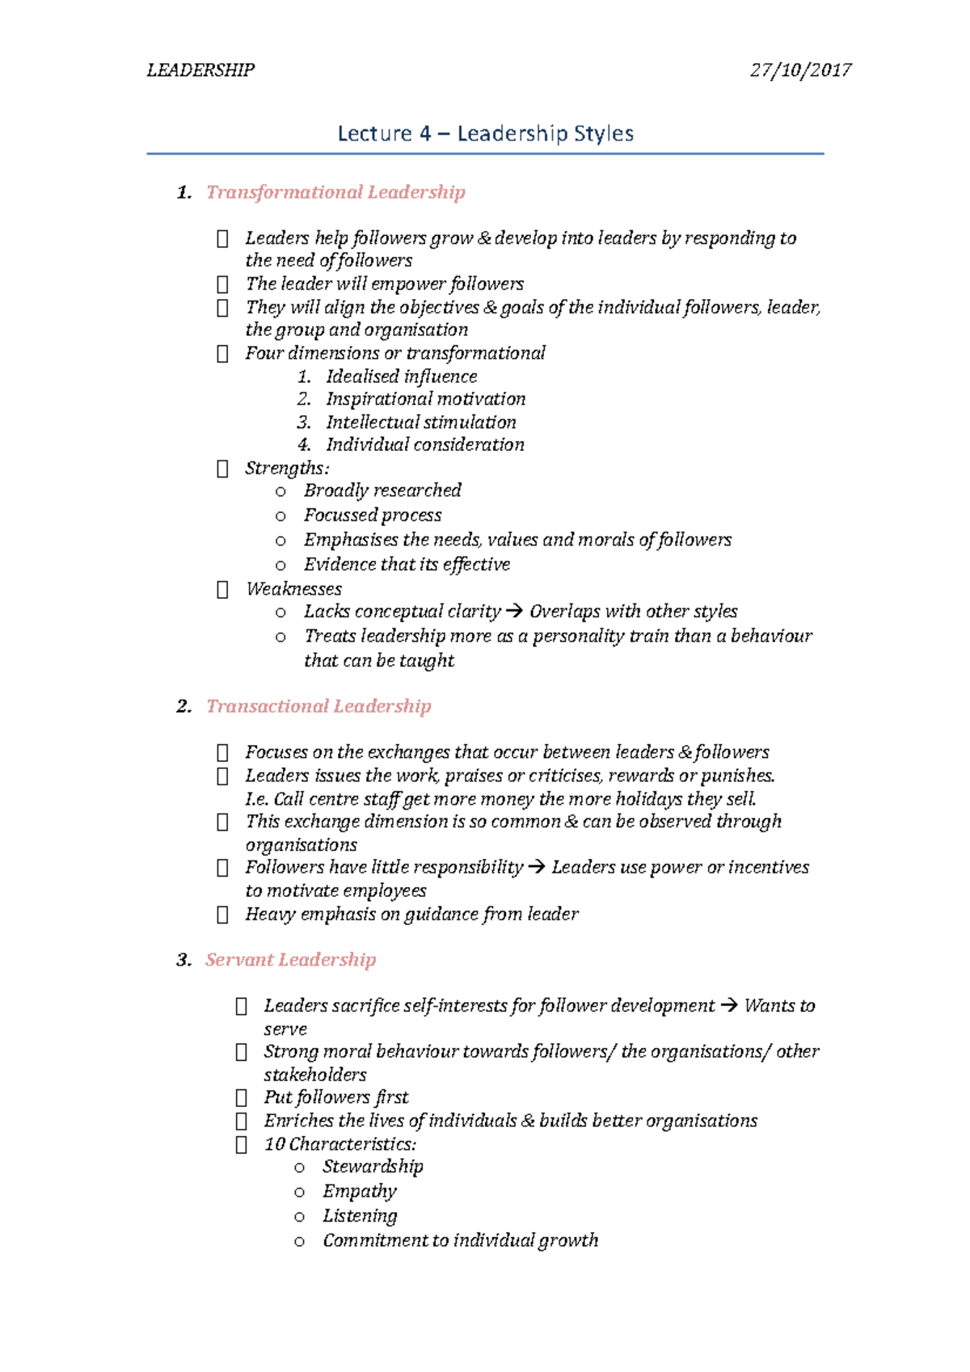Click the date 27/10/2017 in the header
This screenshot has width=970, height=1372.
tap(800, 70)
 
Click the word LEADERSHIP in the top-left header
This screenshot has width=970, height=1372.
tap(200, 70)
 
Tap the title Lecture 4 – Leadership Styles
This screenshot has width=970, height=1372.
tap(485, 133)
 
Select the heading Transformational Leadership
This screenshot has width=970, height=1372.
tap(335, 192)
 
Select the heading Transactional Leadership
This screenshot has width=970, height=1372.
tap(318, 706)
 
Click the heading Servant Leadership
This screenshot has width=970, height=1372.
tap(290, 960)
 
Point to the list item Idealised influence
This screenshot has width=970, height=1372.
tap(401, 377)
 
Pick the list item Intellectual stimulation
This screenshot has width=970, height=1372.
tap(420, 423)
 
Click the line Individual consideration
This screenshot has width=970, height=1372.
tap(424, 445)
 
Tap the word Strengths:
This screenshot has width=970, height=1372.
tap(287, 469)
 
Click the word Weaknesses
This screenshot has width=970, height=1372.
tap(293, 589)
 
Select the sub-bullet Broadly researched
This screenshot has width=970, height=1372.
tap(382, 490)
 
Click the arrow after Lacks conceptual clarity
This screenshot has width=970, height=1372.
tap(514, 612)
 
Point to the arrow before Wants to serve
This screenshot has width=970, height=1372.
tap(728, 1006)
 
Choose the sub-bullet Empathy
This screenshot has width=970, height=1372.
tap(360, 1191)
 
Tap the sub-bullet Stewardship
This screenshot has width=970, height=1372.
tap(373, 1167)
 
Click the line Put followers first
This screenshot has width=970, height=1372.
tap(335, 1097)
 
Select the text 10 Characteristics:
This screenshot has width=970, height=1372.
tap(339, 1144)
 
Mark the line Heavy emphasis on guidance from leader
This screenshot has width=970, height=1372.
tap(411, 914)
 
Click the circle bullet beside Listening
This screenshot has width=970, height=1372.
tap(300, 1217)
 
